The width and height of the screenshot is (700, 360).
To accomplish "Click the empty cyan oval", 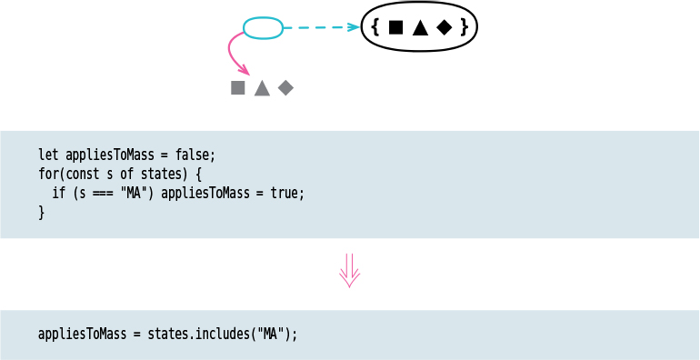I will coord(263,28).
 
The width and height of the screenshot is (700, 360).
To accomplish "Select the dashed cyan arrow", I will coord(320,28).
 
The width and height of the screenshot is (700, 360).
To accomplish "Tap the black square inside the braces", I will coord(395,28).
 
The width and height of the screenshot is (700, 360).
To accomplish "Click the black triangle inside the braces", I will coord(419,28).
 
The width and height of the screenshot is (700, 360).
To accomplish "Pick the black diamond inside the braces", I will coord(444,28).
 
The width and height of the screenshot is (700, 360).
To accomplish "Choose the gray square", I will coord(238,88).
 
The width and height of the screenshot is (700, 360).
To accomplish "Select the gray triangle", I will coord(262,88).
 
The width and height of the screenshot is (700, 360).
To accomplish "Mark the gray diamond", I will coord(285,88).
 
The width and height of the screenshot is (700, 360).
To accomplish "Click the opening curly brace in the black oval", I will coord(375,28).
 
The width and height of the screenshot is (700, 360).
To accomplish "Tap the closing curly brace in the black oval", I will coord(464,28).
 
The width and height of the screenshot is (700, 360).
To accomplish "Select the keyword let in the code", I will coord(48,155).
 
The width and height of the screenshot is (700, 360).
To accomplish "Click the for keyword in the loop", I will coord(48,174).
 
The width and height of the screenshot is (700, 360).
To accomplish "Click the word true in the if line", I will coord(284,193).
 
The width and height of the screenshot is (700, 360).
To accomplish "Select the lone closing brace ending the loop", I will coord(41,213).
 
